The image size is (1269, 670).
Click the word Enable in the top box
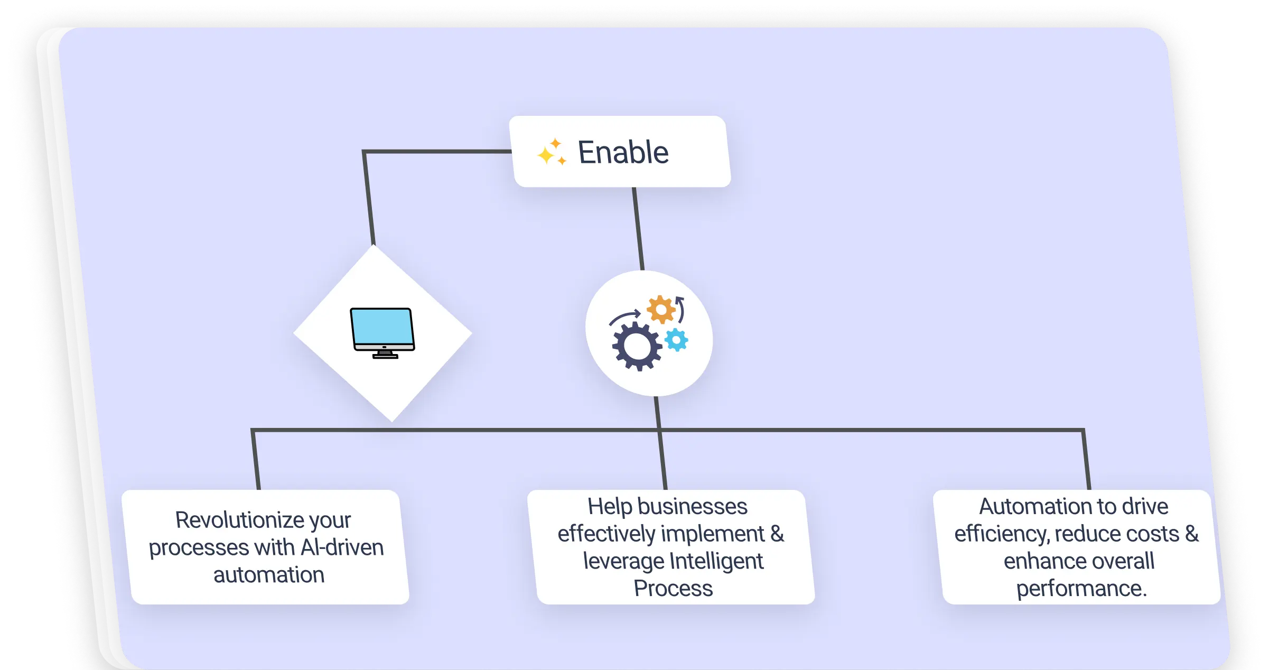tap(623, 153)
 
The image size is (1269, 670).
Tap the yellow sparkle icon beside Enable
tap(552, 152)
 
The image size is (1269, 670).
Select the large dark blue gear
tap(637, 346)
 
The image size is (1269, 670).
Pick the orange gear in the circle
tap(660, 310)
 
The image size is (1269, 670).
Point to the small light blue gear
tap(676, 340)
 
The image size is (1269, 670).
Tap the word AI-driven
tap(342, 547)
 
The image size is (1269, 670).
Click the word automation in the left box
tap(269, 575)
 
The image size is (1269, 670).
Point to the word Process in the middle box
tap(673, 589)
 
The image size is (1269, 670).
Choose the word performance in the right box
tap(1081, 589)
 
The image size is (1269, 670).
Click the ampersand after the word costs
tap(1191, 534)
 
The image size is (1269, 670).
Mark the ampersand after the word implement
tap(777, 534)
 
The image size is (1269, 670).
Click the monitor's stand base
tap(385, 356)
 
